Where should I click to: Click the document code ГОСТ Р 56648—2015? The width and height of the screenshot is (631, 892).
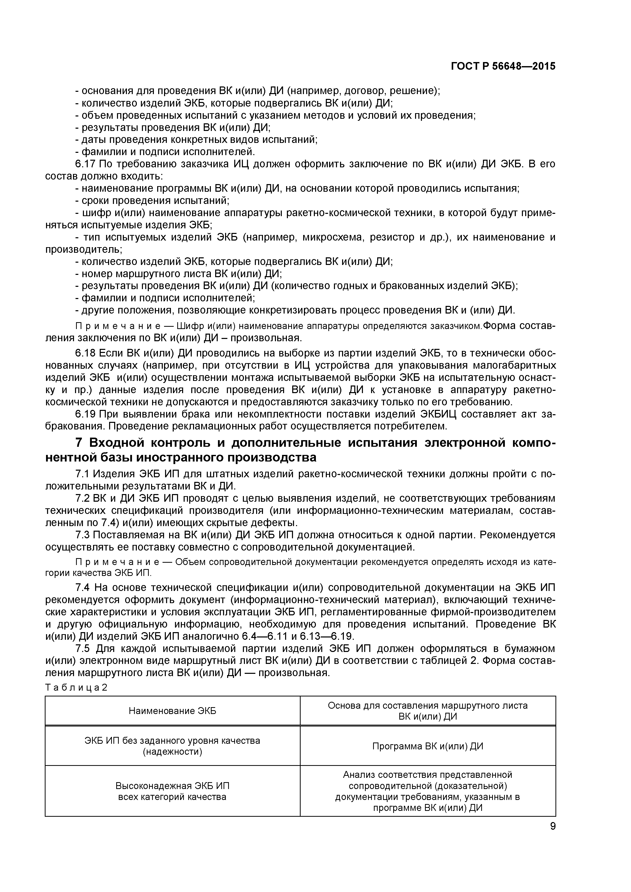(503, 66)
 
